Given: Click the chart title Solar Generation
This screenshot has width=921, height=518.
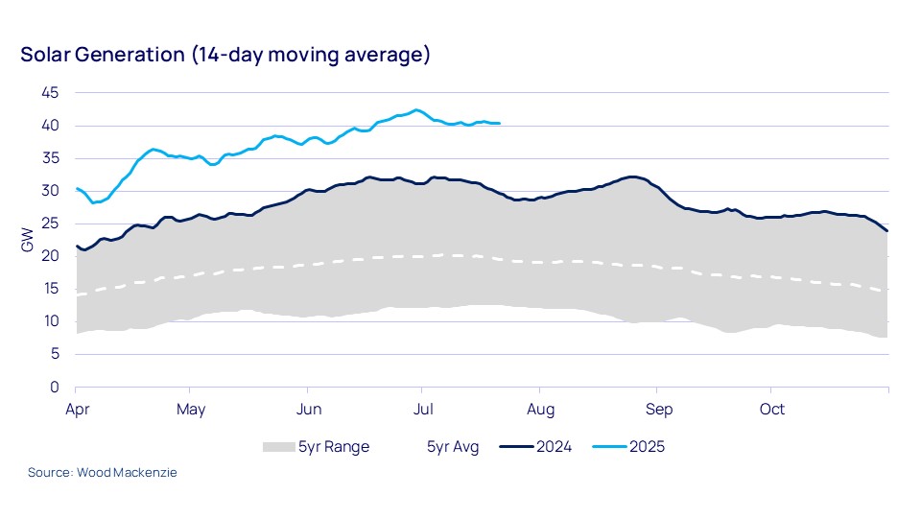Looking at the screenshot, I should coord(225,55).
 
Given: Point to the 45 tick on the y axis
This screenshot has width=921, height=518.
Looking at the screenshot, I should coord(51,93).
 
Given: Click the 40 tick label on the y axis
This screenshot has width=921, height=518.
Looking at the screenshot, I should coord(51,126).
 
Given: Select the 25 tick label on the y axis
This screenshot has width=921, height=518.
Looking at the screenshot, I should coord(51,224).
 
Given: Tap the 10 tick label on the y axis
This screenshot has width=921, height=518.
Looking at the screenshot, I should coord(51,321).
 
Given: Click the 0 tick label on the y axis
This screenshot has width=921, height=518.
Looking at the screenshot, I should coord(55,387).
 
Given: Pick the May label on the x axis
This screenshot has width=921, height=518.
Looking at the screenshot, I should coord(191,410).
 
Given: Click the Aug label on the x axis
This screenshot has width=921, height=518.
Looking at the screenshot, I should coord(540,410).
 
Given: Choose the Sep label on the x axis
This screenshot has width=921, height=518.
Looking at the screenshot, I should coord(657,410).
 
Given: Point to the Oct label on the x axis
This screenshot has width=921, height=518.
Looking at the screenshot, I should coord(772,410).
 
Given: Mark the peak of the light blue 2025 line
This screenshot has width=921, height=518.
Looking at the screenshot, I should coord(416,109).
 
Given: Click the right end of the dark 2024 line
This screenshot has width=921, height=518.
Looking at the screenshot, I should coord(887,230).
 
